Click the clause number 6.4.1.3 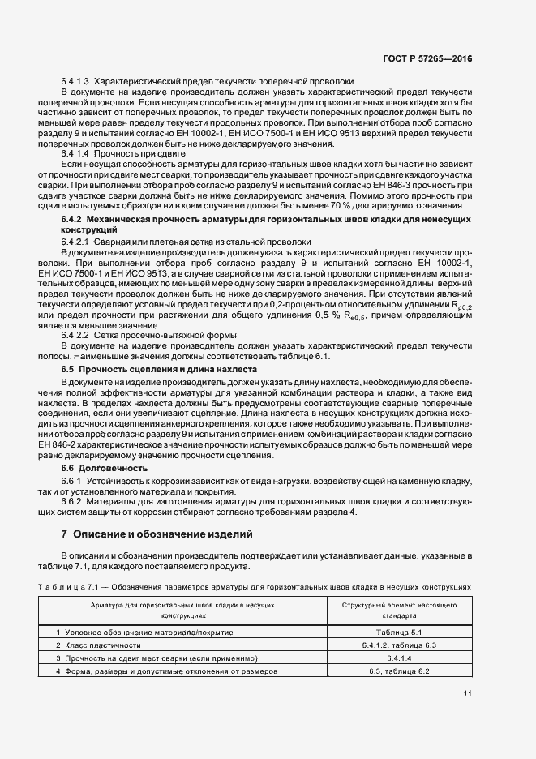coord(75,83)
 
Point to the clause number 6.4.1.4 coord(75,152)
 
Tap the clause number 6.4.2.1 coord(75,242)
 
